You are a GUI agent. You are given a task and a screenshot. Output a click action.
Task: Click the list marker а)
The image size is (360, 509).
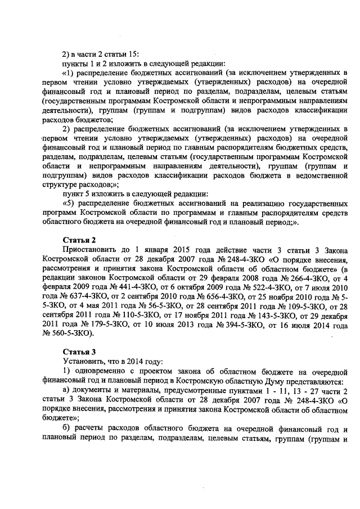66,390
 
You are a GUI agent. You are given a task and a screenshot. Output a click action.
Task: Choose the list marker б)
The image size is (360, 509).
66,428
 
